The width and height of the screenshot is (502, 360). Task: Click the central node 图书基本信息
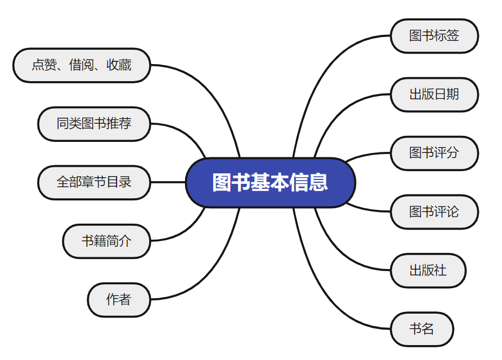[x=270, y=183]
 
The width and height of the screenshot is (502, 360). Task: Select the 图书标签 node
[x=434, y=36]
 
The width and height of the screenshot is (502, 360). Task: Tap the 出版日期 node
[x=434, y=94]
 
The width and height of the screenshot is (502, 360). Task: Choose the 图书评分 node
[x=434, y=153]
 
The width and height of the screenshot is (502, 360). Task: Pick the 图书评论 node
[x=434, y=212]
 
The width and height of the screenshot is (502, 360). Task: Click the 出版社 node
[x=428, y=271]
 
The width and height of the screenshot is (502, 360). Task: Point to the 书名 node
[x=422, y=330]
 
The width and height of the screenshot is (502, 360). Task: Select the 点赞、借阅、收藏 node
[x=82, y=65]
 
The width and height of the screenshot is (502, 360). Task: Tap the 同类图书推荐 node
[x=94, y=124]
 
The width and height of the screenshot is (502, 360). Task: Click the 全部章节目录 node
[x=94, y=182]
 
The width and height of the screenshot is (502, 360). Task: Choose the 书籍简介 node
[x=106, y=241]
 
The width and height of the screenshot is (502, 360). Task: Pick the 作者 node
[x=119, y=300]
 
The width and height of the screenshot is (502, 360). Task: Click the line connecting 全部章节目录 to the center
[x=168, y=182]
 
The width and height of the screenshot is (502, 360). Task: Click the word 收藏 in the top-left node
[x=119, y=65]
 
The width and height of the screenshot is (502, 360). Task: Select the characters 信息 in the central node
[x=309, y=183]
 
